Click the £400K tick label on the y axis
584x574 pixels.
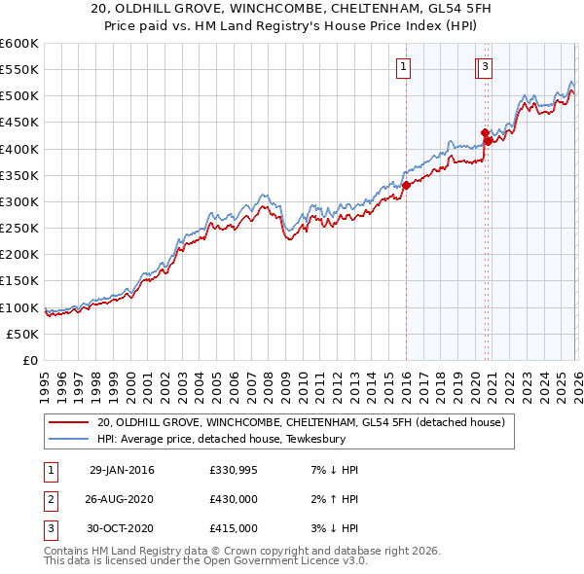tap(19, 149)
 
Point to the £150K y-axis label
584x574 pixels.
tap(19, 281)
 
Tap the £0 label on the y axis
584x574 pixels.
tap(30, 360)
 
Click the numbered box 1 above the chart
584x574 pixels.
tap(403, 67)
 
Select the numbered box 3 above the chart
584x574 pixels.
tap(484, 67)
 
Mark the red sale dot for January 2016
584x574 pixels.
tap(406, 186)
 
